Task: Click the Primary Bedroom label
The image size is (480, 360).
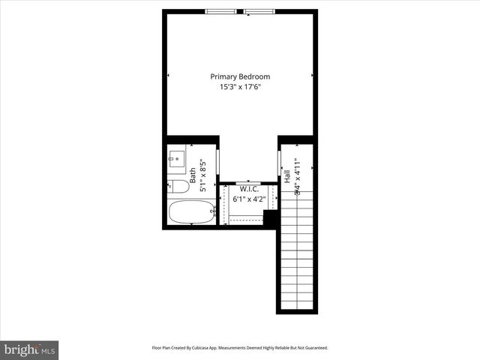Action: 240,76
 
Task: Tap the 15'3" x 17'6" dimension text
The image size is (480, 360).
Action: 240,87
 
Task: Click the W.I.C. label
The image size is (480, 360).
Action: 249,189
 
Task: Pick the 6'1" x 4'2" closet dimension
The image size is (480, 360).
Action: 249,199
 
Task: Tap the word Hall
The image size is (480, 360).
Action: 287,177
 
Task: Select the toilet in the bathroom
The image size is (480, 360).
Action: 178,186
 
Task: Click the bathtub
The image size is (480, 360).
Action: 190,212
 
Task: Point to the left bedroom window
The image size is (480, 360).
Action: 221,11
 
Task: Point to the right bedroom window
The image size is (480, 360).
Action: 259,11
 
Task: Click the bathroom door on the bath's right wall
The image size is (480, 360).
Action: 217,162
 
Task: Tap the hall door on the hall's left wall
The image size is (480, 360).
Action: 280,163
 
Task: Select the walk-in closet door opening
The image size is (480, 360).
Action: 247,183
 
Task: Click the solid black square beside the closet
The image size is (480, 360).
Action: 271,217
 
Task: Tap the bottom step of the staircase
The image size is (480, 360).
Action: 297,307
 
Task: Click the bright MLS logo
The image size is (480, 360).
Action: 29,349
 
